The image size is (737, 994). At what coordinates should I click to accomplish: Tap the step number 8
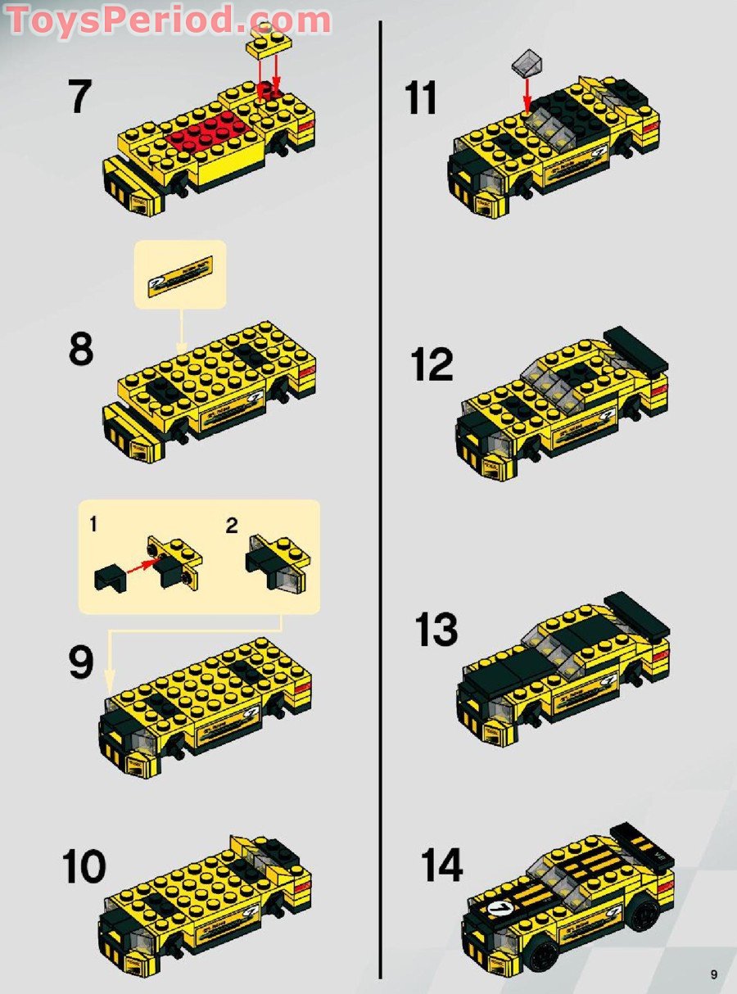(x=80, y=350)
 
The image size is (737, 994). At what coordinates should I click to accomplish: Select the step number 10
(x=84, y=866)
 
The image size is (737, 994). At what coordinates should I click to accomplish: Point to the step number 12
(x=432, y=364)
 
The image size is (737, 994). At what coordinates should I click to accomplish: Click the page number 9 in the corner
(x=714, y=974)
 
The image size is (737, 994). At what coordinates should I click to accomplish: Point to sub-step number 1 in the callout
(x=93, y=525)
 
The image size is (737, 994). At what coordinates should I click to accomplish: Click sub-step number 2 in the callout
(x=232, y=526)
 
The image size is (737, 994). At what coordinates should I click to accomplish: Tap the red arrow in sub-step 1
(x=143, y=564)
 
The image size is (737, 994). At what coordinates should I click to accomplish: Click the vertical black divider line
(x=381, y=491)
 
